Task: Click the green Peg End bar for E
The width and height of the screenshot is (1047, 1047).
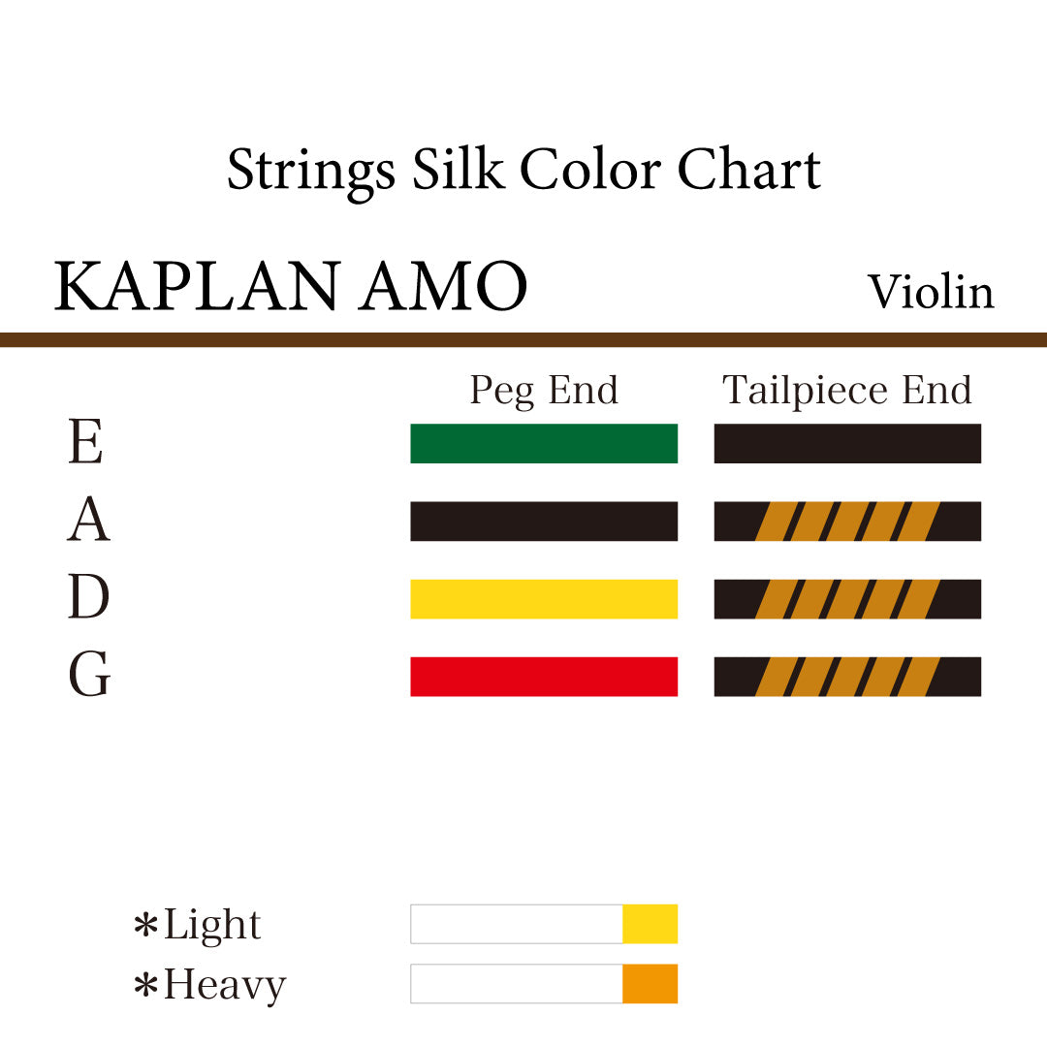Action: tap(543, 443)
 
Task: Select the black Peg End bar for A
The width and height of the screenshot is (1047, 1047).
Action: tap(543, 521)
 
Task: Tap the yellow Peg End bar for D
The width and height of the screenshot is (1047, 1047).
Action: tap(543, 598)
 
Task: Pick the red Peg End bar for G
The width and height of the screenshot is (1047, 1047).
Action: tap(543, 676)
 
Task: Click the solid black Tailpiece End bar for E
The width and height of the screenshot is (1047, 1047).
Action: tap(847, 443)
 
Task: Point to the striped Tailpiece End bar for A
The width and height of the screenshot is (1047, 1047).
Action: tap(847, 521)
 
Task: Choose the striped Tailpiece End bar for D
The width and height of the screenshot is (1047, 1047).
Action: tap(847, 598)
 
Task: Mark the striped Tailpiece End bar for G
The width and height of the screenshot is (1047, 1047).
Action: tap(847, 676)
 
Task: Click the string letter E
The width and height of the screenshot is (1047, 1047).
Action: tap(85, 443)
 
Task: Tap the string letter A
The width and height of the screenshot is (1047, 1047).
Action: tap(88, 521)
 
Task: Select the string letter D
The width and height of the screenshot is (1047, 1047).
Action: tap(88, 598)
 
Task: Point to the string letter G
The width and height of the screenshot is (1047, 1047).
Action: tap(89, 676)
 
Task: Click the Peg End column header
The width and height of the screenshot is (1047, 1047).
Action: tap(543, 390)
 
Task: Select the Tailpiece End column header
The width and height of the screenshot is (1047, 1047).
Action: tap(847, 391)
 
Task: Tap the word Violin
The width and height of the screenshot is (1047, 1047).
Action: tap(931, 292)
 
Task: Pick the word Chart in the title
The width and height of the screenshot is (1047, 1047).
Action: tap(748, 170)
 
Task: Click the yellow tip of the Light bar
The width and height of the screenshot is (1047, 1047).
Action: tap(650, 924)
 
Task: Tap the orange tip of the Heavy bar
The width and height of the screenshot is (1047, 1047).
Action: tap(650, 983)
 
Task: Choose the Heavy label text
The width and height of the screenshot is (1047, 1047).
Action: tap(224, 985)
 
